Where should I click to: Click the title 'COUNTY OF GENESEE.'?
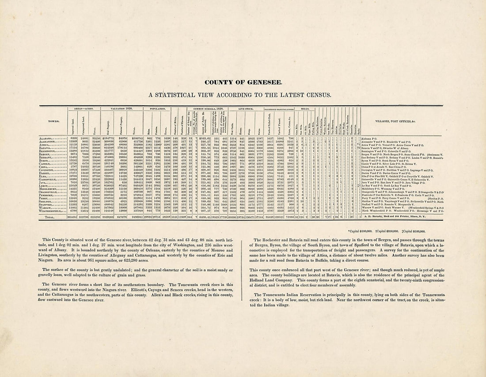tap(243, 83)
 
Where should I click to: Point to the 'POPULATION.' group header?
tap(158, 108)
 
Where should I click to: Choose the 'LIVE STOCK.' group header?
tap(245, 108)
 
